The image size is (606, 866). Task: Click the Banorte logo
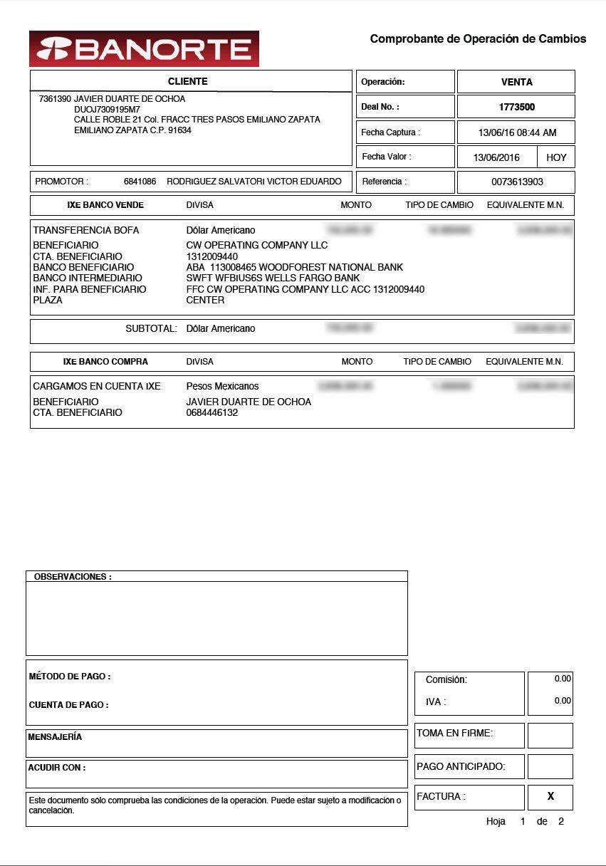[x=144, y=48]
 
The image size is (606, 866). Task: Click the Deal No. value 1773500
[x=516, y=107]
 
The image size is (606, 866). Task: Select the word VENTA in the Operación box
[x=516, y=82]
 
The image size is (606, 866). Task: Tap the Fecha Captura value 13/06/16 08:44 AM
[x=517, y=132]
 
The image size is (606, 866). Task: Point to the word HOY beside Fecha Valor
[x=556, y=157]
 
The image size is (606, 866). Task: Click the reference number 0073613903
[x=517, y=182]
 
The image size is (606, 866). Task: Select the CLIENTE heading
[x=188, y=81]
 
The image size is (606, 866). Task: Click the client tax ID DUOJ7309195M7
[x=107, y=110]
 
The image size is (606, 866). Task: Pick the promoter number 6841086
[x=140, y=182]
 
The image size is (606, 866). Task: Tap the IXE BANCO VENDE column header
[x=105, y=205]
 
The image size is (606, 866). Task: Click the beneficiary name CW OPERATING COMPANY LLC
[x=256, y=245]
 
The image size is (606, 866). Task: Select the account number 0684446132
[x=212, y=413]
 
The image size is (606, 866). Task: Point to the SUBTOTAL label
[x=151, y=329]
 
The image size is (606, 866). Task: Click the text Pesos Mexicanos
[x=222, y=386]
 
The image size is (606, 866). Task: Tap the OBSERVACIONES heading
[x=73, y=577]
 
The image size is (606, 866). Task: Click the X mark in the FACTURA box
[x=550, y=797]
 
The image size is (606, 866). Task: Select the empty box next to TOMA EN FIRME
[x=550, y=736]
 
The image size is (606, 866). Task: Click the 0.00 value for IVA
[x=563, y=701]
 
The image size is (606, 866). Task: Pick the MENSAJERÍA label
[x=55, y=737]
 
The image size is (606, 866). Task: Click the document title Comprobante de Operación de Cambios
[x=478, y=39]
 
